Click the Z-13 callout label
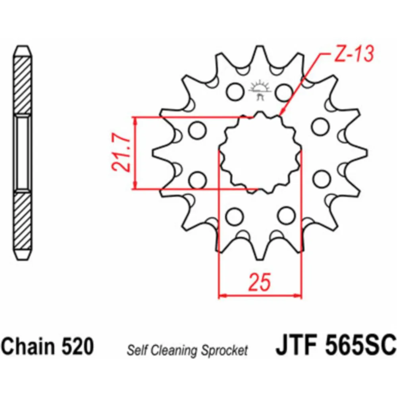pyautogui.click(x=354, y=54)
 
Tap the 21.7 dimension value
pyautogui.click(x=121, y=153)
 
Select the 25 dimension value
pyautogui.click(x=260, y=281)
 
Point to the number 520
pyautogui.click(x=78, y=346)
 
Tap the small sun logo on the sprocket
pyautogui.click(x=260, y=90)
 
